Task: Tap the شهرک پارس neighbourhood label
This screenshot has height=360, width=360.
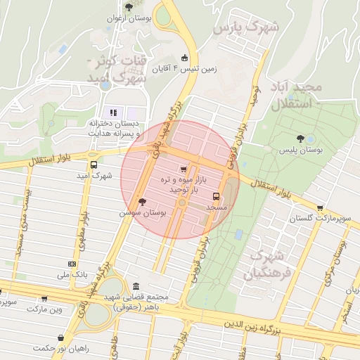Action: click(246, 29)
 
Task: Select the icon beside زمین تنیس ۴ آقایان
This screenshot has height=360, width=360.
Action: click(184, 58)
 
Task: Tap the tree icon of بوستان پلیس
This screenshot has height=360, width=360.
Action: click(301, 139)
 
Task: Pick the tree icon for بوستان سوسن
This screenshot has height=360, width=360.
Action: click(143, 201)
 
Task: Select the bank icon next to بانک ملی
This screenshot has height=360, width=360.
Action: click(72, 263)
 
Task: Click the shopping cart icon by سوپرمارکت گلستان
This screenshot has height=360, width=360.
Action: click(321, 208)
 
